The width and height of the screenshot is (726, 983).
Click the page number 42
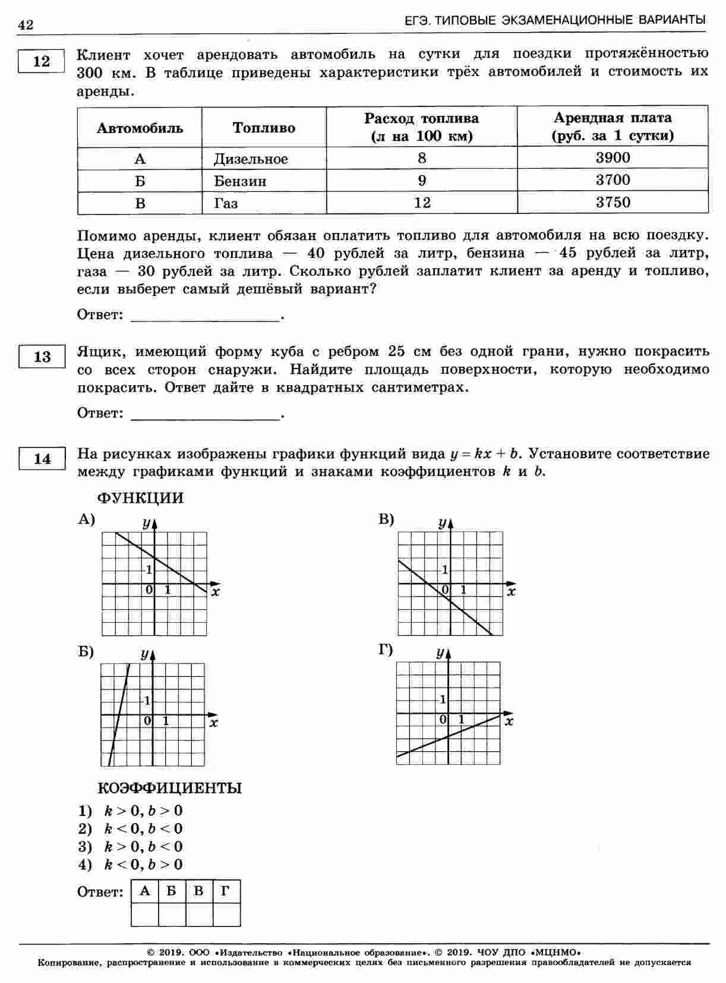point(26,24)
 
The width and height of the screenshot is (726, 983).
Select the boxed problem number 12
point(42,61)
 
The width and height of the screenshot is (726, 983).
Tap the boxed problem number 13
point(42,357)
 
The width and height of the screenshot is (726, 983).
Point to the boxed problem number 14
point(42,459)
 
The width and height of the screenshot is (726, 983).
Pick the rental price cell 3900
point(613,158)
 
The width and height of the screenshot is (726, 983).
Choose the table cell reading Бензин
point(240,181)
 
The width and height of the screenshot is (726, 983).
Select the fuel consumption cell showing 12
point(422,203)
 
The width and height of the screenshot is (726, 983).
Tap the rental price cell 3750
point(613,203)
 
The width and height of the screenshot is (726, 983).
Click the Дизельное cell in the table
point(251,159)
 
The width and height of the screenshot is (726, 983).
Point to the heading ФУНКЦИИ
point(140,498)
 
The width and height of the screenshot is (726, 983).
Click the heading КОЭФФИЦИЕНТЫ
point(169,788)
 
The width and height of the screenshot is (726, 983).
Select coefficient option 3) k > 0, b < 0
point(131,847)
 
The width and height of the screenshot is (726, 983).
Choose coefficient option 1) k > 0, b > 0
point(131,811)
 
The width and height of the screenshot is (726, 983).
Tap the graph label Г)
point(386,650)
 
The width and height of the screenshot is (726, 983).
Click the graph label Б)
point(86,652)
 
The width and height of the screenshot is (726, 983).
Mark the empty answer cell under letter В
point(199,914)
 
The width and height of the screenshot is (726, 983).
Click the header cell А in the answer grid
point(144,891)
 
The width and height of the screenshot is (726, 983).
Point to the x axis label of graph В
point(512,592)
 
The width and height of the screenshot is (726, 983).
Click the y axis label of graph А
point(146,523)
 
